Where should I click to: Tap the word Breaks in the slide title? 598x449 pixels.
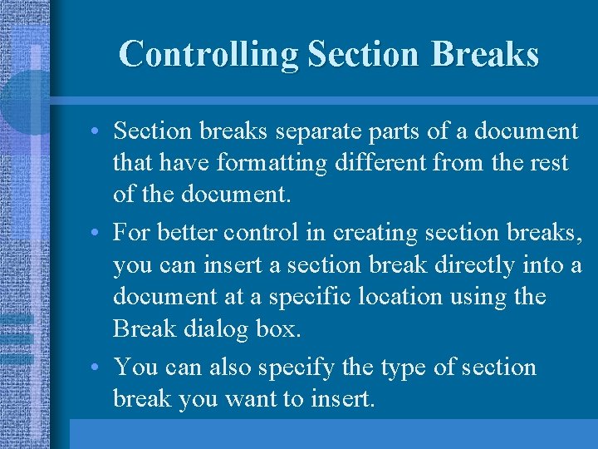pos(486,54)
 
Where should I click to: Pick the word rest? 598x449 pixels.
pos(550,162)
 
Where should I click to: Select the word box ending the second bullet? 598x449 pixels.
pos(277,329)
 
